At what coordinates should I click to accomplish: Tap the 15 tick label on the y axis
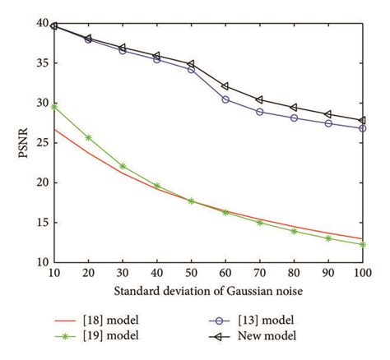coord(41,223)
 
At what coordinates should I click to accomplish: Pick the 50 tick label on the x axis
coord(191,272)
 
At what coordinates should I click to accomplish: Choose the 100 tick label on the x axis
coord(362,272)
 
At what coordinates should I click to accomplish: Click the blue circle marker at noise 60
coord(225,99)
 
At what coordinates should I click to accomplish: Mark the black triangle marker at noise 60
coord(225,86)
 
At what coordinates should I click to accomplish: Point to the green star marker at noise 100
coord(362,244)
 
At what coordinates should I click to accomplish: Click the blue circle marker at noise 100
coord(362,128)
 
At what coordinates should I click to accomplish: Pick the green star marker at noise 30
coord(123,166)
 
